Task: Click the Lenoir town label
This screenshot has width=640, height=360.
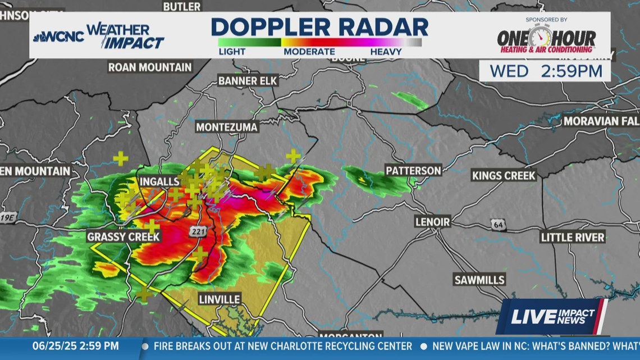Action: [432, 222]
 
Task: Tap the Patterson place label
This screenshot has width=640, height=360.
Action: [413, 170]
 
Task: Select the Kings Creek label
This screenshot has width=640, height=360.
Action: [504, 175]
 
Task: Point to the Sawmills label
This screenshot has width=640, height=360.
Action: [479, 279]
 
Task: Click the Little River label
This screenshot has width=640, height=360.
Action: [572, 237]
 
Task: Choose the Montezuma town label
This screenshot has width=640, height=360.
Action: [227, 127]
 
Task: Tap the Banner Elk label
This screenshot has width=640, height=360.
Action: [248, 81]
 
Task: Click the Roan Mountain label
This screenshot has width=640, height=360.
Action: [150, 67]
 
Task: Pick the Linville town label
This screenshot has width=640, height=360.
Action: [219, 299]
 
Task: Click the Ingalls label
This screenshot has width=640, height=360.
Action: [159, 181]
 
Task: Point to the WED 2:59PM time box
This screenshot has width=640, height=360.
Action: [545, 71]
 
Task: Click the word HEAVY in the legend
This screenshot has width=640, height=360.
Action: [386, 52]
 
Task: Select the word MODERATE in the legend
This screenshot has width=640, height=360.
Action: [309, 52]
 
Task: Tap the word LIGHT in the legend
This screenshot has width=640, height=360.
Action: [232, 52]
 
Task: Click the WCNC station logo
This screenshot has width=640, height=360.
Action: [58, 37]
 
